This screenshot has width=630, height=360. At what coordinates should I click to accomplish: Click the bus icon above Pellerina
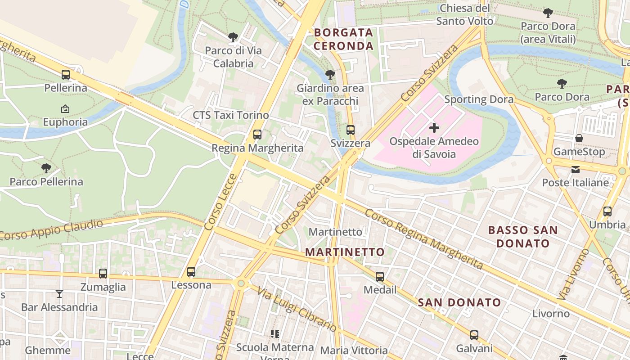(x=66, y=75)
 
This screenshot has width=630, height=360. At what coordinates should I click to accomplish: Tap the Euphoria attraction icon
(x=65, y=109)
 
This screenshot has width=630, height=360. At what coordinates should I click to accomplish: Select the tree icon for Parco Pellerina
(x=46, y=168)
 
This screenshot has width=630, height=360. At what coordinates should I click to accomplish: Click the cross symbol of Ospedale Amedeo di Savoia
(x=434, y=128)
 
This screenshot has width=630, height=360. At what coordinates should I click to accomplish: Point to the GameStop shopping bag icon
(x=579, y=138)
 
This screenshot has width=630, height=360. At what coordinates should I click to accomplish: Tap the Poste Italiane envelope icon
(x=576, y=170)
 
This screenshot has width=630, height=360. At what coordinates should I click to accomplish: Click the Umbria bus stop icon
(x=607, y=211)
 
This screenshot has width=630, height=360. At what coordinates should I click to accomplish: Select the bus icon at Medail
(x=380, y=276)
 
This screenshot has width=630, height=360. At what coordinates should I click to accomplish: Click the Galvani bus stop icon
(x=474, y=335)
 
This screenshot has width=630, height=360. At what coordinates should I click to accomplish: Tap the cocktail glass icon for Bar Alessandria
(x=59, y=294)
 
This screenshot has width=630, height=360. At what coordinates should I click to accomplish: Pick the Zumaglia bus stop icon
(x=103, y=274)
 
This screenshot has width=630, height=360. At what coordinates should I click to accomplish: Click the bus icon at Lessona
(x=191, y=272)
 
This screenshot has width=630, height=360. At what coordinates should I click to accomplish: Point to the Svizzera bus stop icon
(x=350, y=130)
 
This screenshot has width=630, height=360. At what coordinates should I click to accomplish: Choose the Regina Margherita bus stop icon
(x=257, y=135)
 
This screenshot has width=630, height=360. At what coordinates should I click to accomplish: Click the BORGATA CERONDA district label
(x=344, y=39)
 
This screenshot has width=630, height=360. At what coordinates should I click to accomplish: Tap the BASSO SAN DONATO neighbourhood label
(x=523, y=237)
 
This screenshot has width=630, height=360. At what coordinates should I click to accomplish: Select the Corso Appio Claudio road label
(x=52, y=229)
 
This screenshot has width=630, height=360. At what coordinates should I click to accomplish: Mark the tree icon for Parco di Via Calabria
(x=233, y=37)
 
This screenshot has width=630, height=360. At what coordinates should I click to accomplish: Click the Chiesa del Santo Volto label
(x=465, y=14)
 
